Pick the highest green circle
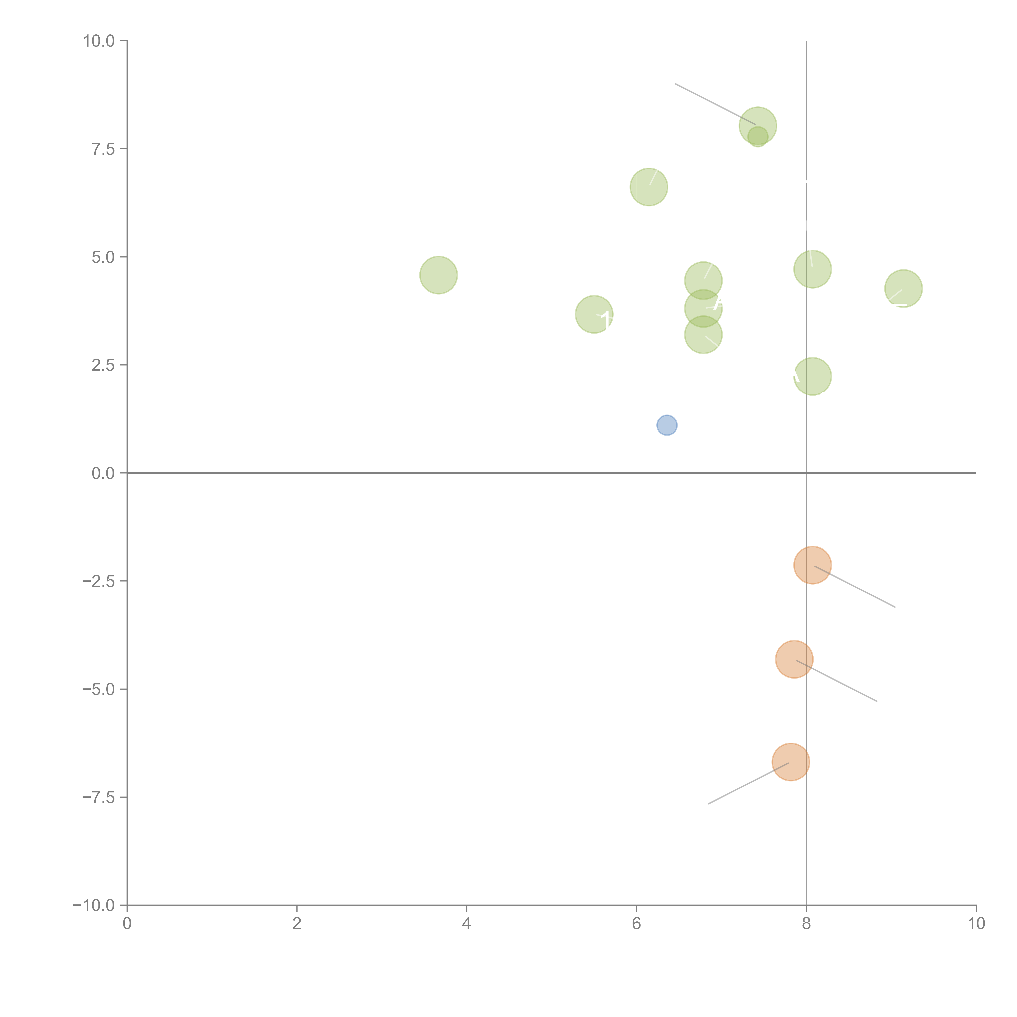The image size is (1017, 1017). coord(757,126)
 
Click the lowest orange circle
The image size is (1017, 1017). coord(791,762)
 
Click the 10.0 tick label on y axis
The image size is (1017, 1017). coord(99,41)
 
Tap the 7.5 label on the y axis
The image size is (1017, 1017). coord(103,149)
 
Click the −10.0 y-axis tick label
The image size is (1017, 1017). coord(94,905)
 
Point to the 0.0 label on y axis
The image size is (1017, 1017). coord(103,473)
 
